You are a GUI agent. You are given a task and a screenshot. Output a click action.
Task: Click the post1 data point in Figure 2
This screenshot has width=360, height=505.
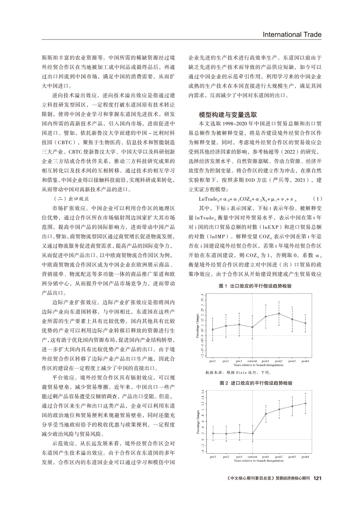coord(266,414)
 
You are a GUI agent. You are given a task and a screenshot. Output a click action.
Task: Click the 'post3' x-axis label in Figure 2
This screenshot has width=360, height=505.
coord(293,456)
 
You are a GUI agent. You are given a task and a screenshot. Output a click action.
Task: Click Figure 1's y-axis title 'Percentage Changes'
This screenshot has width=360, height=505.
coord(198,327)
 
